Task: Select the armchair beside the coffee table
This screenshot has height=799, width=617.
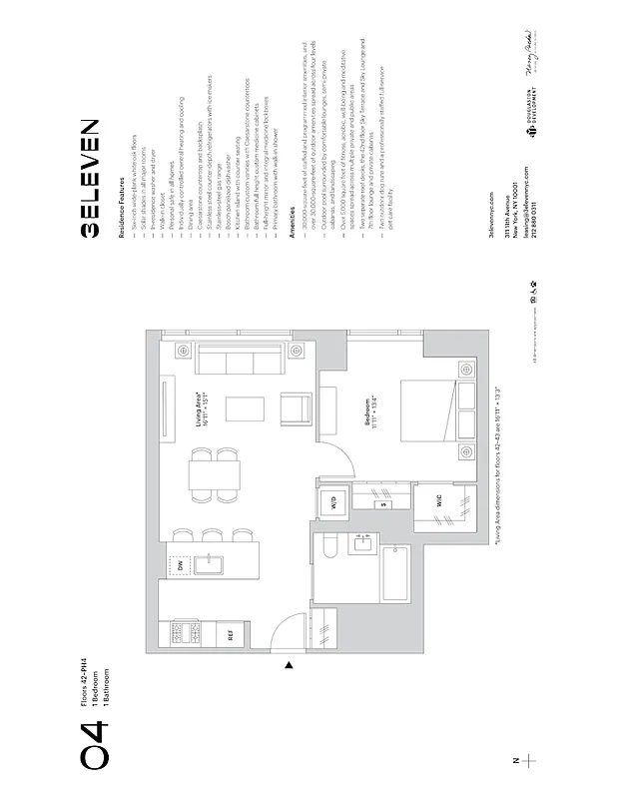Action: pyautogui.click(x=297, y=408)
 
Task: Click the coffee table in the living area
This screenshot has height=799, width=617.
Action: pyautogui.click(x=240, y=409)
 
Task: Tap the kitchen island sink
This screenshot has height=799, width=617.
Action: pyautogui.click(x=214, y=566)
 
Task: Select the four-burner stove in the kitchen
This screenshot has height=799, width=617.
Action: pyautogui.click(x=186, y=632)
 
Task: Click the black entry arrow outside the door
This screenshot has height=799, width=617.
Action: pyautogui.click(x=289, y=665)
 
